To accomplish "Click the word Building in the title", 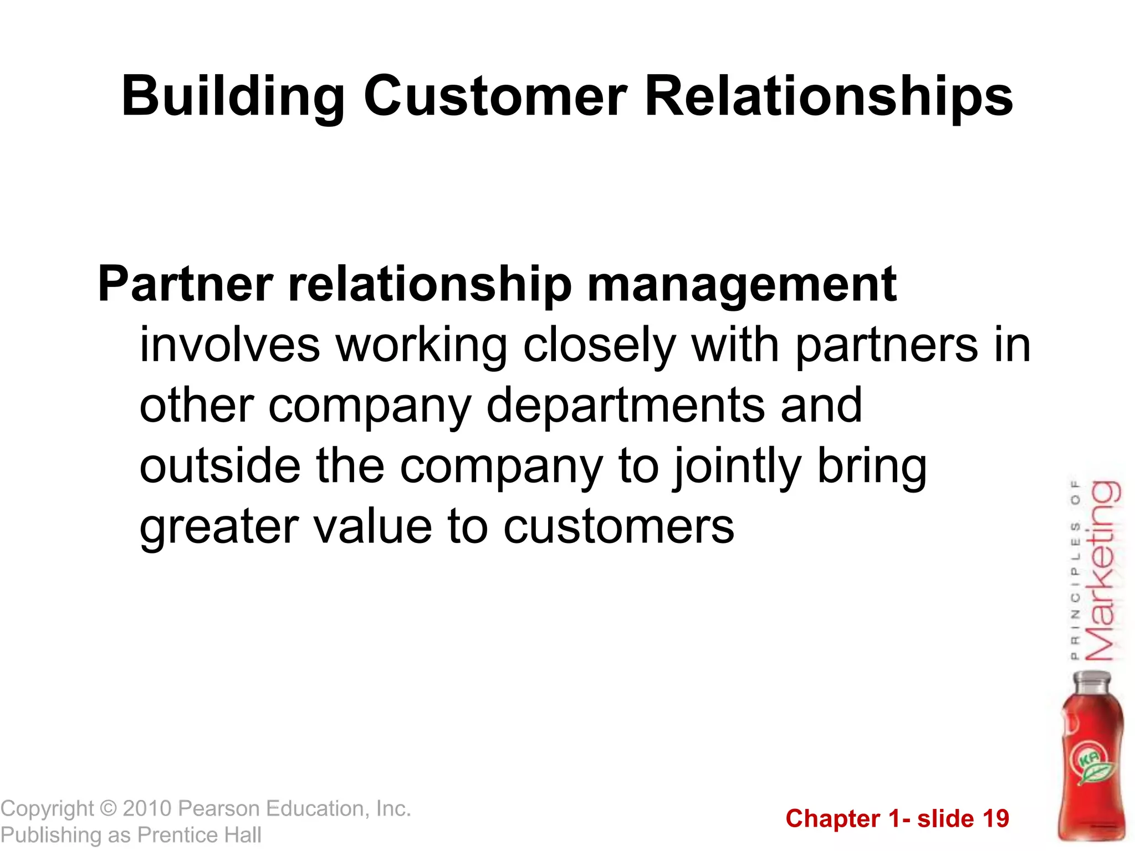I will click(232, 97).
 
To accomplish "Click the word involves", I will click(229, 345).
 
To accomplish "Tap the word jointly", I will click(737, 467).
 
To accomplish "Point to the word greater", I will click(219, 528).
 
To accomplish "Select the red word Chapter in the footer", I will click(832, 819).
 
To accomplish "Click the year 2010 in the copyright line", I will click(147, 808).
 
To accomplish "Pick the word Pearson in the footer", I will click(219, 808).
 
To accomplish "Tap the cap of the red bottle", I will click(1092, 680).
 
